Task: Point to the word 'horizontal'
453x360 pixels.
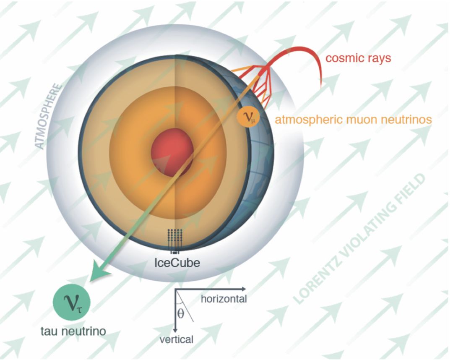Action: tap(224, 299)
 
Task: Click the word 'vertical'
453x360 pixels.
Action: tap(176, 339)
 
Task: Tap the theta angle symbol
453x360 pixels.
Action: tap(181, 313)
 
